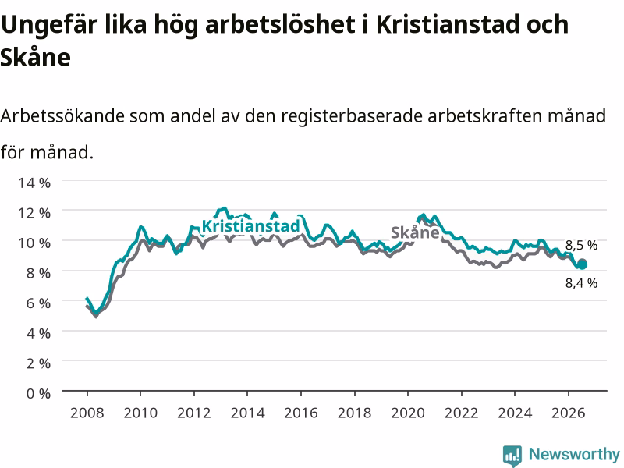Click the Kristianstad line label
[250, 226]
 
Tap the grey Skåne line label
[415, 232]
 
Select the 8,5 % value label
[581, 245]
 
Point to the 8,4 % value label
[581, 283]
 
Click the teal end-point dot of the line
[582, 264]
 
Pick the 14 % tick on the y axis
[34, 183]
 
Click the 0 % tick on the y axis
[38, 393]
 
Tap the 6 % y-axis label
[38, 303]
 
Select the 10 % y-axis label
[34, 243]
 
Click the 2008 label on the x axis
[87, 413]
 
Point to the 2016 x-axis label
[301, 413]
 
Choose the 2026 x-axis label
[569, 413]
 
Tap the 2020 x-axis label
[408, 413]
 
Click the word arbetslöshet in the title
[280, 24]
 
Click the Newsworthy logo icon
[512, 456]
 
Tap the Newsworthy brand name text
[574, 454]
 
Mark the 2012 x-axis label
[193, 413]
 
